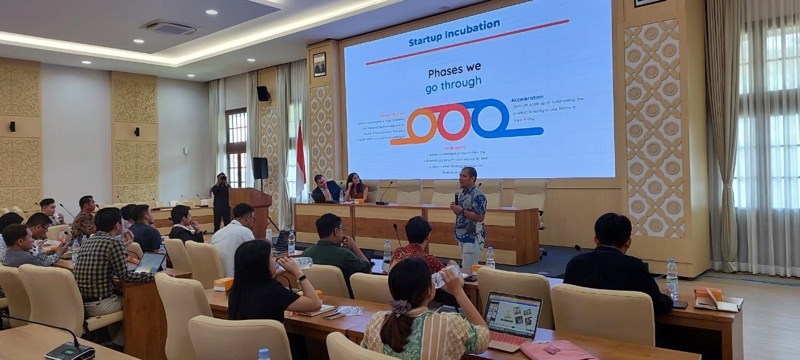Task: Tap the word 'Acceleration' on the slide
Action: (x=527, y=99)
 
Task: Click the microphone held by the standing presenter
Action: (x=456, y=197)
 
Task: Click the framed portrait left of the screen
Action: (x=319, y=64)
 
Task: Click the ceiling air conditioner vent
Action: (x=169, y=27)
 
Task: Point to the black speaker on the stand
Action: (x=260, y=168)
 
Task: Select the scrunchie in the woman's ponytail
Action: (x=400, y=307)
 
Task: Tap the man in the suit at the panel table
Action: (x=326, y=189)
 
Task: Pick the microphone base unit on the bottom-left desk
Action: (x=69, y=352)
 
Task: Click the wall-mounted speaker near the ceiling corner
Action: (x=263, y=94)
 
